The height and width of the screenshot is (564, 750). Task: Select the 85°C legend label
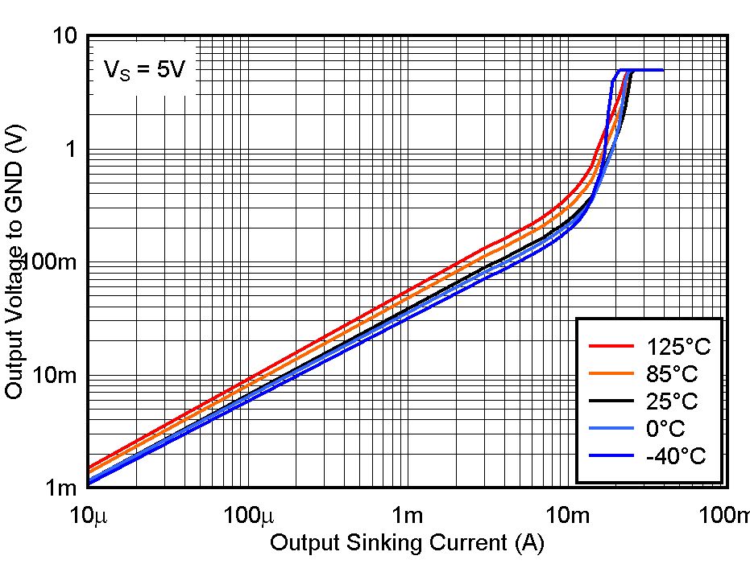(672, 374)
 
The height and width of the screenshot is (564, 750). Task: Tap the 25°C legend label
(672, 401)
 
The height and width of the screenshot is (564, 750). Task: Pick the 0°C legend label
(666, 429)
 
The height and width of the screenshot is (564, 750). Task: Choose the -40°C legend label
(675, 456)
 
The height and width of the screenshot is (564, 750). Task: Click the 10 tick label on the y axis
(65, 36)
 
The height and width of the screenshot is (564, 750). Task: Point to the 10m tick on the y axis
(56, 376)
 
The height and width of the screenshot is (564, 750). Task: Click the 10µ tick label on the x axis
(89, 514)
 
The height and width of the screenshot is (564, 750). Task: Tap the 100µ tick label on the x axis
(248, 514)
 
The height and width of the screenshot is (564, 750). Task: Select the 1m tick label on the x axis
(408, 514)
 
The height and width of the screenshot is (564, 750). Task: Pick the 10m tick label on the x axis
(568, 514)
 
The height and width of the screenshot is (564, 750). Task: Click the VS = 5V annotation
(144, 70)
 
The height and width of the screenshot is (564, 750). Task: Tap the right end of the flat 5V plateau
(662, 70)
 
